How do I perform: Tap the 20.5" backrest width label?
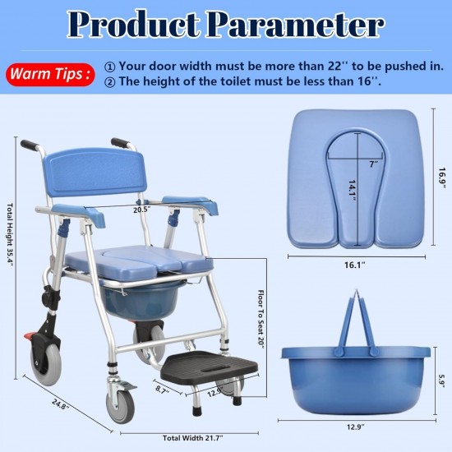pyautogui.click(x=141, y=210)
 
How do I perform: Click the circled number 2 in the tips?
pyautogui.click(x=110, y=82)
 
